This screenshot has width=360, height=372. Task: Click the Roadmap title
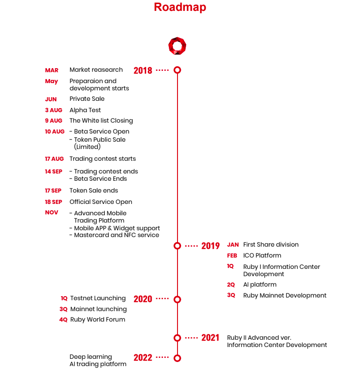[x=180, y=7]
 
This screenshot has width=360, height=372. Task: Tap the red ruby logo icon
[x=177, y=46]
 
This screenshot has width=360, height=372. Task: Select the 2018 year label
[x=143, y=70]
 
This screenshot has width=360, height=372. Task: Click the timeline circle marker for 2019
[x=178, y=245]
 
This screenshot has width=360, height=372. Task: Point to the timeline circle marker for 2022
[x=178, y=358]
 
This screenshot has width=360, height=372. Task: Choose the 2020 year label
[x=143, y=299]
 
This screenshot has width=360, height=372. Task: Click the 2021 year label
[x=210, y=338]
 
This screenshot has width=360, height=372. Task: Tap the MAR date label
[x=52, y=70]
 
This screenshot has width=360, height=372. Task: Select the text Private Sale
[x=87, y=99]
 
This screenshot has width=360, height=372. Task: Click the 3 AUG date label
[x=54, y=110]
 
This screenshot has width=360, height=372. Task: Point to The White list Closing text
[x=101, y=120]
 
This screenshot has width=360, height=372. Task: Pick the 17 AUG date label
[x=54, y=159]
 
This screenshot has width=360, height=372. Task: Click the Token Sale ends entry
[x=94, y=191]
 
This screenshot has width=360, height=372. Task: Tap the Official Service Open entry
[x=101, y=202]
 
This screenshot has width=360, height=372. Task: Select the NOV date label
[x=52, y=213]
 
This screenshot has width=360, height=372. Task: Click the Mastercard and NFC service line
[x=114, y=235]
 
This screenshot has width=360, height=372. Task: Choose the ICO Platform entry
[x=262, y=255]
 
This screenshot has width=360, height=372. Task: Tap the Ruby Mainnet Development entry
[x=285, y=295]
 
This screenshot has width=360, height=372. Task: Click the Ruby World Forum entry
[x=98, y=319]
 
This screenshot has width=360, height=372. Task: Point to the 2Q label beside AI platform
[x=231, y=285]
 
